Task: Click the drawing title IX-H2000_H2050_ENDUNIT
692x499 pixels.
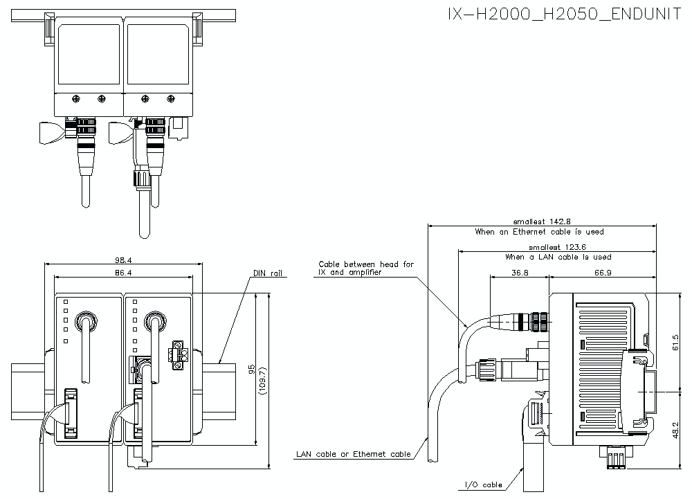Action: (x=565, y=15)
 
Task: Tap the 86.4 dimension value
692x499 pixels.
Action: (x=122, y=273)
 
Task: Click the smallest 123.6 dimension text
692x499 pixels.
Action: (x=558, y=246)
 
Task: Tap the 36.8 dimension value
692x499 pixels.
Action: (x=518, y=273)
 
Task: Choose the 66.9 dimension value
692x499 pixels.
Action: (x=602, y=273)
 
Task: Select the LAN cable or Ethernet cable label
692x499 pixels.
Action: (x=353, y=455)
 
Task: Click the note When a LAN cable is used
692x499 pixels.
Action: (x=558, y=257)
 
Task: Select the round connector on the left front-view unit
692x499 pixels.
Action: (x=86, y=320)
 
